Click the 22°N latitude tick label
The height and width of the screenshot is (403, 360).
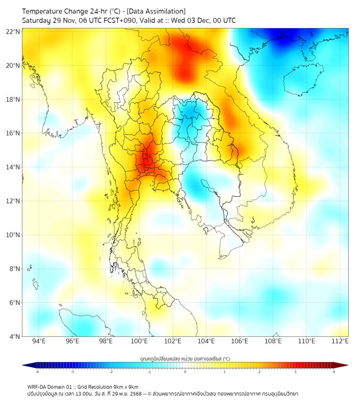tap(13, 31)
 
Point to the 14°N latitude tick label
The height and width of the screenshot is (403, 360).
tap(13, 167)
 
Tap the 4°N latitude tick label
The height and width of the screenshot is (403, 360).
tap(15, 336)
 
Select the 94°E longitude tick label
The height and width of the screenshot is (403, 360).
tap(39, 341)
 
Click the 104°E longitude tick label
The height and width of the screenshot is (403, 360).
tap(206, 341)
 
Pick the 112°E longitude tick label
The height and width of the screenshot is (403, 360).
tap(340, 341)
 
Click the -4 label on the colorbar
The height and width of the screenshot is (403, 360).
tap(37, 372)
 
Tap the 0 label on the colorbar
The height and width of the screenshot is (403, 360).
tap(185, 372)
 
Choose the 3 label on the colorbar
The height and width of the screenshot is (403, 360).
tap(296, 372)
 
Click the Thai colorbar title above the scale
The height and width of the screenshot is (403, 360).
tap(185, 359)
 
